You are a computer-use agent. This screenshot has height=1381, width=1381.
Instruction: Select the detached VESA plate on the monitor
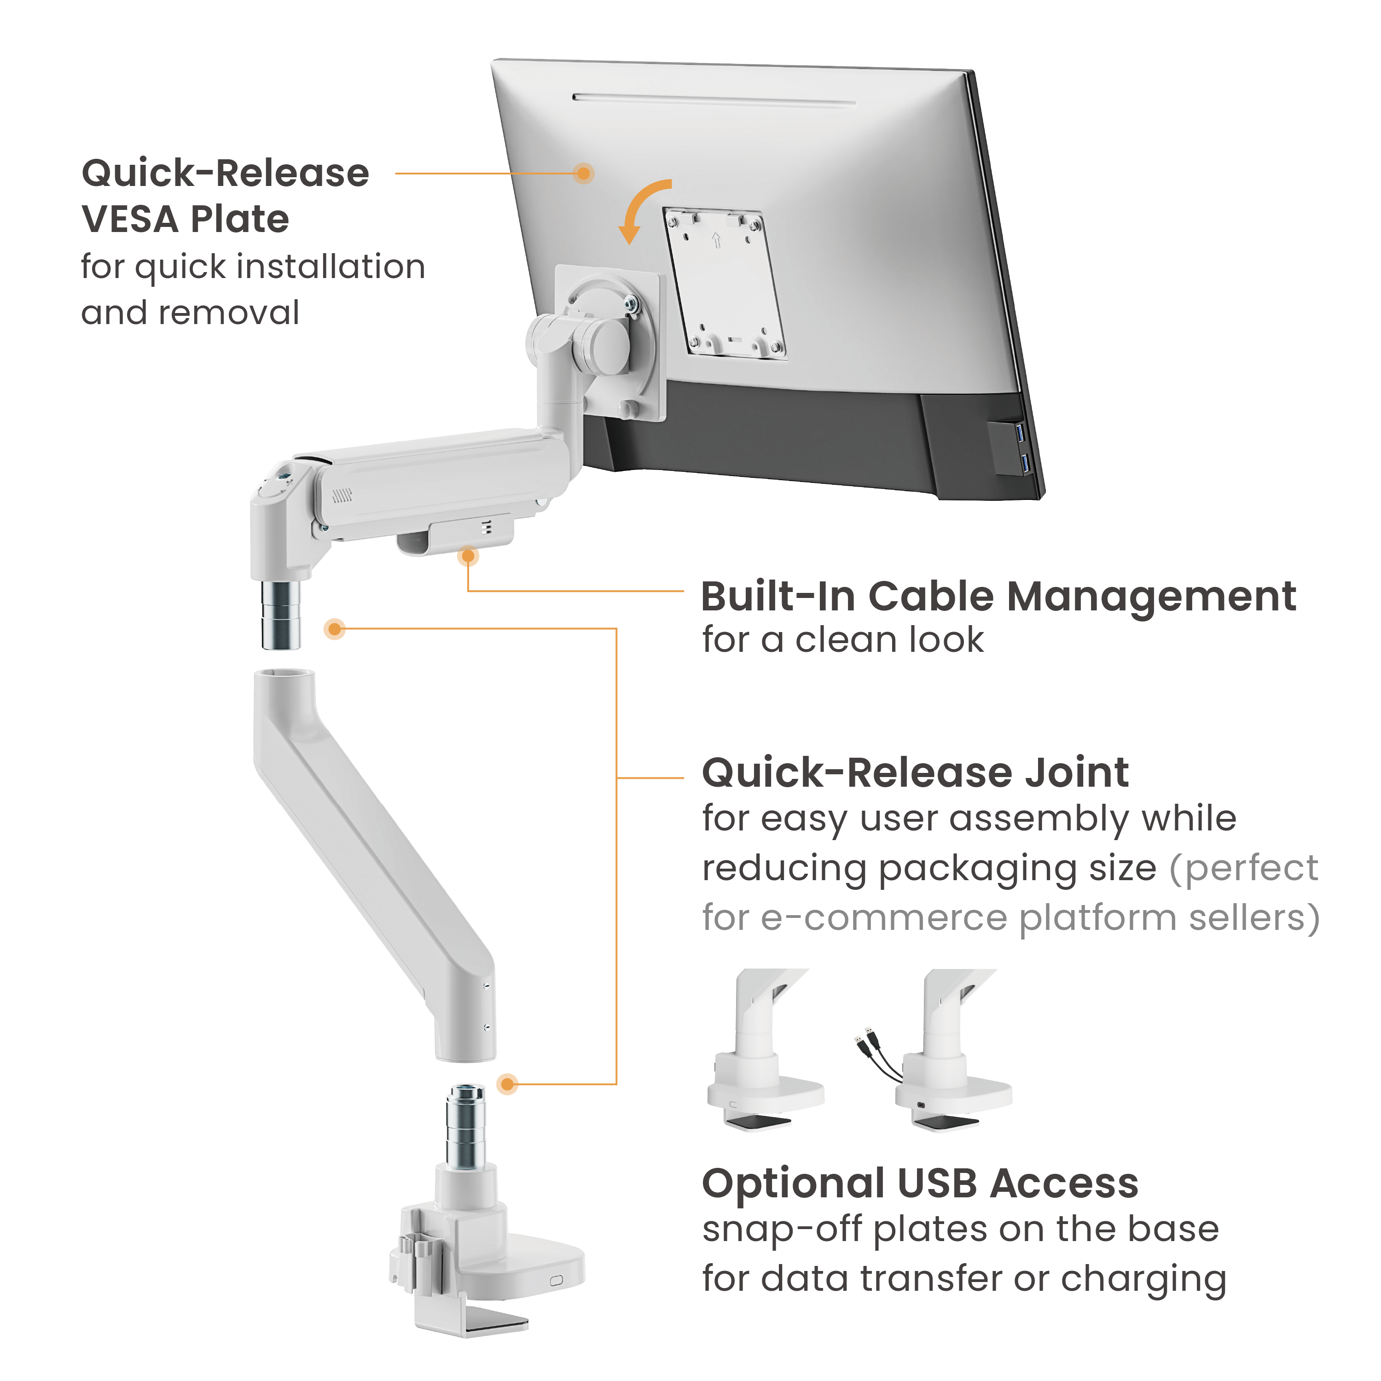tap(723, 282)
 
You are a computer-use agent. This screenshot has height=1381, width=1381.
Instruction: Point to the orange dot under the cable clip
tap(468, 556)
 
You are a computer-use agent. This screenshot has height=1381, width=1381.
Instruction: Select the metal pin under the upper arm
tap(280, 614)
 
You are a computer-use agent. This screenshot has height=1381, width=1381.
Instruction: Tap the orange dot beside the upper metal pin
tap(335, 629)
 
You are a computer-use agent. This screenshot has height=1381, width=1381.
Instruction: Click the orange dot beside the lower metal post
tap(507, 1084)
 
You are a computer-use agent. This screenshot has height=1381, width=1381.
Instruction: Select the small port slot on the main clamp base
tap(556, 1280)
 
